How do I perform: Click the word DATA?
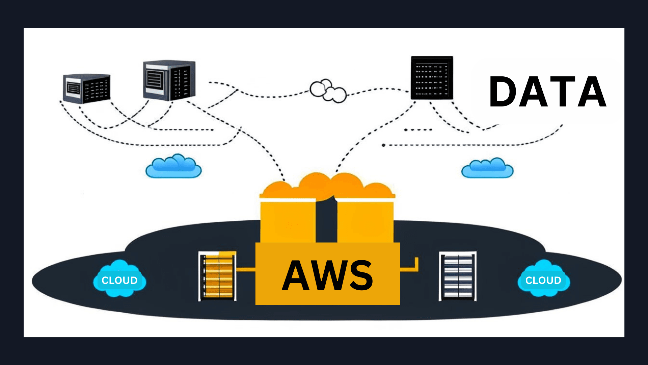click(x=547, y=92)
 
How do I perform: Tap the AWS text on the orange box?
click(x=327, y=275)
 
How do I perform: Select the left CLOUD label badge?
click(x=119, y=279)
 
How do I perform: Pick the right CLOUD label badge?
click(x=543, y=279)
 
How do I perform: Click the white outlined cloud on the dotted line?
click(x=328, y=91)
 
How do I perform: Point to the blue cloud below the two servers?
click(x=173, y=166)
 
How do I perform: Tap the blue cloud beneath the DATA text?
click(x=487, y=168)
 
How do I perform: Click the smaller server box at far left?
click(x=87, y=88)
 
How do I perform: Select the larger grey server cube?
click(x=169, y=80)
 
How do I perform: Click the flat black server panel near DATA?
click(x=432, y=78)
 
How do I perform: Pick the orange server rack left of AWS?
click(x=217, y=276)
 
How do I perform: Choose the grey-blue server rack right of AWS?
click(x=458, y=276)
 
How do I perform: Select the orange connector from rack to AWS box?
click(x=246, y=269)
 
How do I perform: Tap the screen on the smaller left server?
click(x=74, y=89)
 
